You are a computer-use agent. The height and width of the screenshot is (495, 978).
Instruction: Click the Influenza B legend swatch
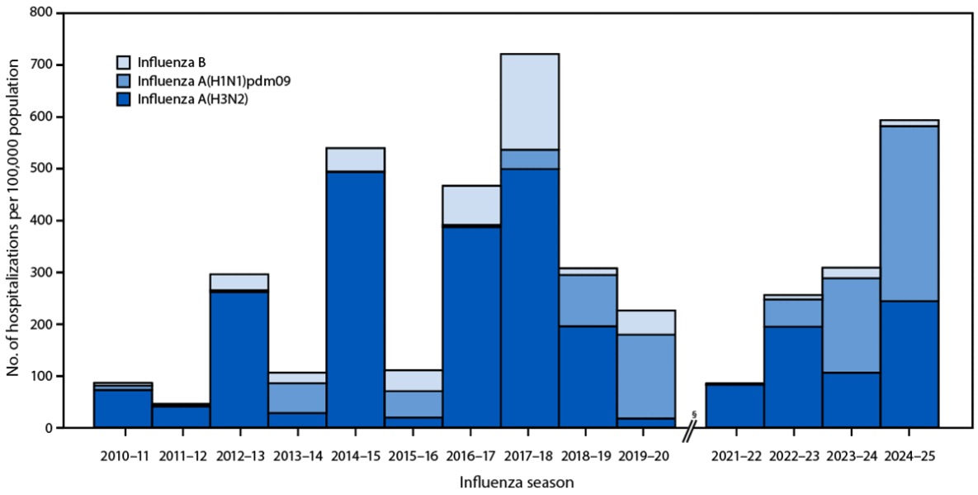(x=123, y=61)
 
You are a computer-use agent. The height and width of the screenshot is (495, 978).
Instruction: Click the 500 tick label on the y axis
(x=64, y=169)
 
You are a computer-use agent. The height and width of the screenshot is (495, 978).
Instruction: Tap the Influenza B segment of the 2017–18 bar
(x=530, y=101)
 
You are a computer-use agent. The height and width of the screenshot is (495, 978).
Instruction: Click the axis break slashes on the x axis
(x=691, y=428)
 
